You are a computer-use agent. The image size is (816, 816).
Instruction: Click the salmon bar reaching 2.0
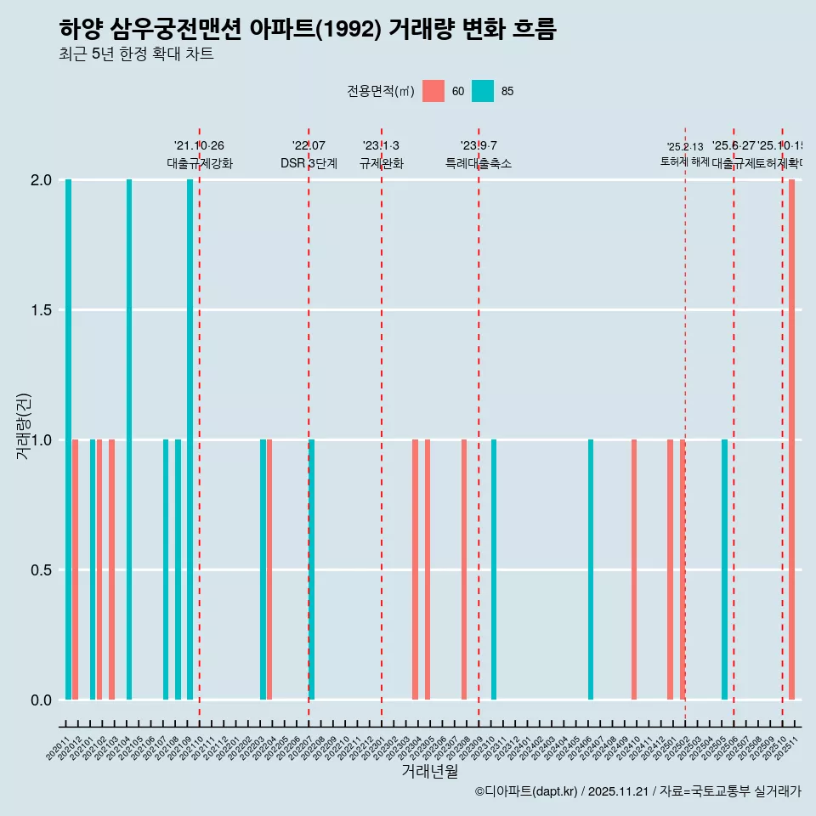[791, 439]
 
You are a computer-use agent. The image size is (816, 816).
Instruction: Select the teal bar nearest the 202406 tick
[591, 569]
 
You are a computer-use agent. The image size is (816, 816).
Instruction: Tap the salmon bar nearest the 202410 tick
[634, 569]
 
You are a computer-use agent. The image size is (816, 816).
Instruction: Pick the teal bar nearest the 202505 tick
[724, 569]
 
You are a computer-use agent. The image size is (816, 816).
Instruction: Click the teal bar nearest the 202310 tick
[494, 569]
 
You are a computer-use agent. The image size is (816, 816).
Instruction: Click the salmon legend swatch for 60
[433, 91]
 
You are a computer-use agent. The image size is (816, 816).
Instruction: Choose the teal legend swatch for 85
[483, 91]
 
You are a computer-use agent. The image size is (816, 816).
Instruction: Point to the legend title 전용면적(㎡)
[380, 91]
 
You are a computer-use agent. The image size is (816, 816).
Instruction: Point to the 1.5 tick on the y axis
[40, 310]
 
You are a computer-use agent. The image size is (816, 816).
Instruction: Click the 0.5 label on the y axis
[40, 570]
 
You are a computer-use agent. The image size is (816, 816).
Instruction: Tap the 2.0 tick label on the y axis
[40, 180]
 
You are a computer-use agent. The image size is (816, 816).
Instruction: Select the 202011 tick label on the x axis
[58, 751]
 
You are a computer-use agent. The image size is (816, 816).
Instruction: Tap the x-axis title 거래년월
[429, 772]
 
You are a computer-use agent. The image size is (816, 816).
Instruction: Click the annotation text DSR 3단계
[309, 163]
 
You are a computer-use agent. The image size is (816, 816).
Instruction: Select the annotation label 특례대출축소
[479, 163]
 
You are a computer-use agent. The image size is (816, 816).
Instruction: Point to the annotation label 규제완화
[381, 163]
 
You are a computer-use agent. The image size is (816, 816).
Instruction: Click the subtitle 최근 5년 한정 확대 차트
[136, 54]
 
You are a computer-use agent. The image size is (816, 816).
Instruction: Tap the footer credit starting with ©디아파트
[637, 791]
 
